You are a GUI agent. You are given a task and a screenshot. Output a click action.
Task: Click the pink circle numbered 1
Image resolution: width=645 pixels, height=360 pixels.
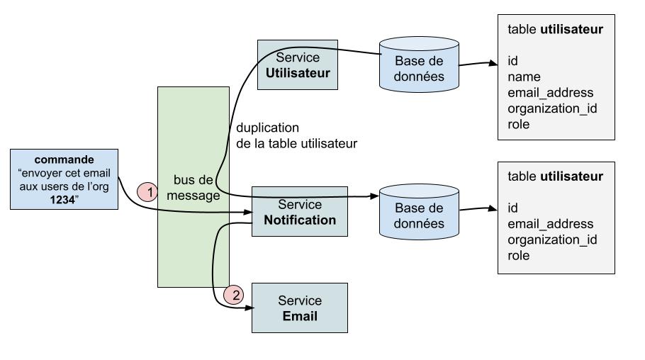[147, 191]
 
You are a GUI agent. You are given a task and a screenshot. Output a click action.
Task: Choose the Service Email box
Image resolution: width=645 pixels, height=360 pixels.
[300, 308]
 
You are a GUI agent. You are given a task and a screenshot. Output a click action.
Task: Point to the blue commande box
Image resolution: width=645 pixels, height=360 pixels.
[64, 179]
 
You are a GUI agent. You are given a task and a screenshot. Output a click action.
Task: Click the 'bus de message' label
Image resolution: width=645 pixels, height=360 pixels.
[193, 188]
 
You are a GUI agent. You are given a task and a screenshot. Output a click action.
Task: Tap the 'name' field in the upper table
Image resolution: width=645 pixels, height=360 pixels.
[524, 77]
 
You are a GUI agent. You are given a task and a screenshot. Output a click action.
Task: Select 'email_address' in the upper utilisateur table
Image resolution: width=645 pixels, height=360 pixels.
[550, 92]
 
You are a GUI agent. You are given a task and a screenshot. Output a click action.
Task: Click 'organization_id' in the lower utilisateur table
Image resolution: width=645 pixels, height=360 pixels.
[551, 239]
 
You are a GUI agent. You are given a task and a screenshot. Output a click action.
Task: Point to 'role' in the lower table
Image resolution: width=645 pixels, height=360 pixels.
[519, 255]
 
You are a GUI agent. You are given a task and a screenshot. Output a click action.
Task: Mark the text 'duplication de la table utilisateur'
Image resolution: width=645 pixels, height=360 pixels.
[296, 135]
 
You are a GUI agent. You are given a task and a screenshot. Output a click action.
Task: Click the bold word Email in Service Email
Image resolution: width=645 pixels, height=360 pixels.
[299, 316]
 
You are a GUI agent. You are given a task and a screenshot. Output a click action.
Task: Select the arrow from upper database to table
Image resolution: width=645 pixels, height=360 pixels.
[478, 64]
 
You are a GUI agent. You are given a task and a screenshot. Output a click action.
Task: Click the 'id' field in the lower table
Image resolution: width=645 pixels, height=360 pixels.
[513, 207]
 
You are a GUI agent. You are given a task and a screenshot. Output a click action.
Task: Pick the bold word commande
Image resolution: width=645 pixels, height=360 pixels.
[64, 159]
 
